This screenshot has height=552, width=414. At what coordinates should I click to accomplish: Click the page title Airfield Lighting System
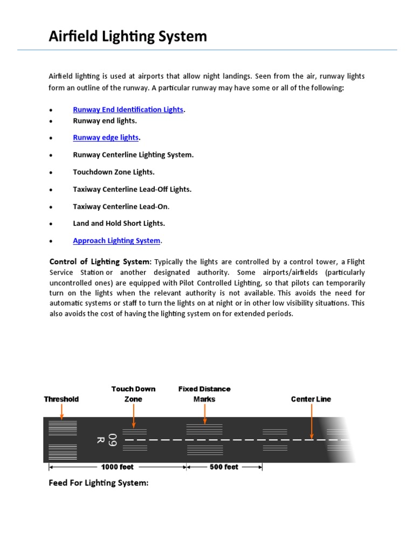(128, 36)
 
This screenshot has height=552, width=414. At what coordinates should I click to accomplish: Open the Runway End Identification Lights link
(128, 109)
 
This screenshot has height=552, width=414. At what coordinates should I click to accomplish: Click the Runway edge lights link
(106, 137)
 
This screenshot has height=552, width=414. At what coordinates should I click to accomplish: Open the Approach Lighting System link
(116, 240)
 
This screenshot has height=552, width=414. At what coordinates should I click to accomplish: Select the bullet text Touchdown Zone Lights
(114, 172)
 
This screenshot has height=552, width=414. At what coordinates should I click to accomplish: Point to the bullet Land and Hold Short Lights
(119, 223)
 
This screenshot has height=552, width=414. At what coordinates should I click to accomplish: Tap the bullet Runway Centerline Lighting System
(133, 155)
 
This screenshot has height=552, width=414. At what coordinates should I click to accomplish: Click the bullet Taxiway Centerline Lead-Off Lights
(132, 189)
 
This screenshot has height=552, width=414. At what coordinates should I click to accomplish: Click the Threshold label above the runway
(61, 399)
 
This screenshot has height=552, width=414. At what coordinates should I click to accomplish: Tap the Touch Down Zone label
(133, 394)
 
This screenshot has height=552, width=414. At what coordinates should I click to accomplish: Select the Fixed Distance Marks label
(204, 394)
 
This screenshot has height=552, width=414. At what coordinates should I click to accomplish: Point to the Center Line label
(311, 399)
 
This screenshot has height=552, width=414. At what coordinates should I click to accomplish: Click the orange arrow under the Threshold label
(61, 411)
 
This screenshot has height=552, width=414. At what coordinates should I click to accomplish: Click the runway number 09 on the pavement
(112, 440)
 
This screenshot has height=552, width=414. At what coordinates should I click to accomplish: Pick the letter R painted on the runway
(100, 440)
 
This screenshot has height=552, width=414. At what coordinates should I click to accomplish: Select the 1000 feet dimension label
(118, 467)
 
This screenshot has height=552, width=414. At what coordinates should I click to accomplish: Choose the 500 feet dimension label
(224, 467)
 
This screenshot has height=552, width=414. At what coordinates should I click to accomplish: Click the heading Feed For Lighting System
(98, 483)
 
